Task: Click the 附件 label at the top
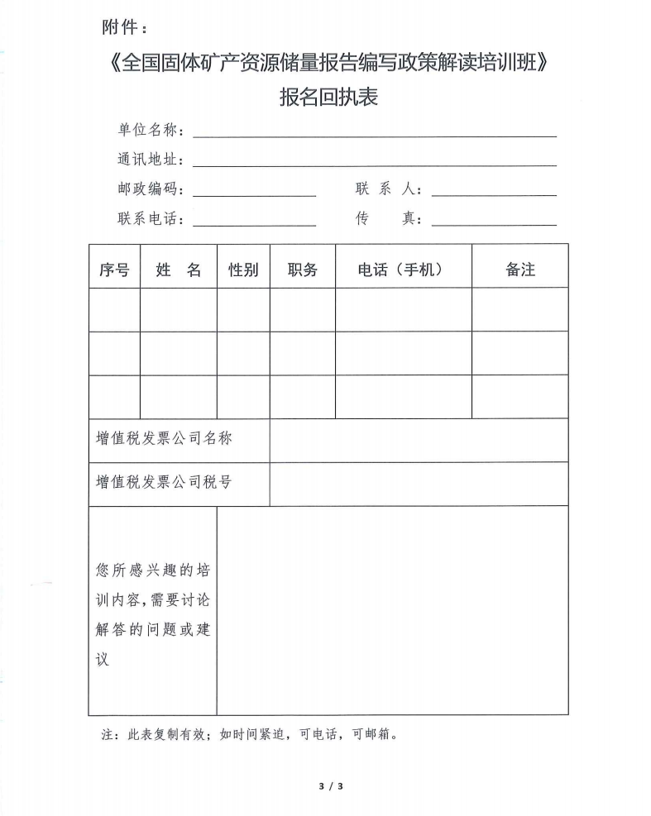(124, 27)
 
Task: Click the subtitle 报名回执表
(328, 98)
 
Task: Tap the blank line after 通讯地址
(374, 161)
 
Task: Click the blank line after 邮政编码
(254, 191)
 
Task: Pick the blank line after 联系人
(494, 191)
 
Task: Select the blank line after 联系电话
(254, 221)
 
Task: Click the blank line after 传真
(494, 221)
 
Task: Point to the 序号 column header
(114, 270)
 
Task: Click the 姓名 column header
(179, 270)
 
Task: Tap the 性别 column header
(243, 270)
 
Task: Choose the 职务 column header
(303, 270)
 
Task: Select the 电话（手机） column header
(402, 270)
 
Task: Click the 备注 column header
(520, 270)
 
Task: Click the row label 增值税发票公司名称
(165, 438)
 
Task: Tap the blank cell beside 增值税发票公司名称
(419, 440)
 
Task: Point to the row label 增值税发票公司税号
(165, 482)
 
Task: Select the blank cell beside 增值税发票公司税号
(419, 484)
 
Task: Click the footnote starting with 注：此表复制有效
(250, 734)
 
